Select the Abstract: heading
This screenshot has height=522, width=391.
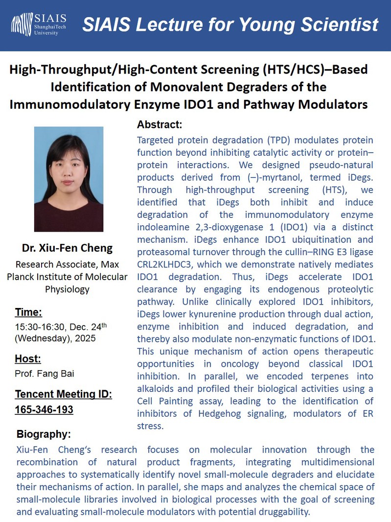click(160, 124)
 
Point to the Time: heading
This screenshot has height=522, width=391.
click(28, 312)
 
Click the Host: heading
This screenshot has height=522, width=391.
click(27, 358)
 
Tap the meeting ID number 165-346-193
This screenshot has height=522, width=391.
click(44, 409)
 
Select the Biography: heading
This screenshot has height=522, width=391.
click(44, 434)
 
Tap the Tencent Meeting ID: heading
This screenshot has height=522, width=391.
click(64, 395)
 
